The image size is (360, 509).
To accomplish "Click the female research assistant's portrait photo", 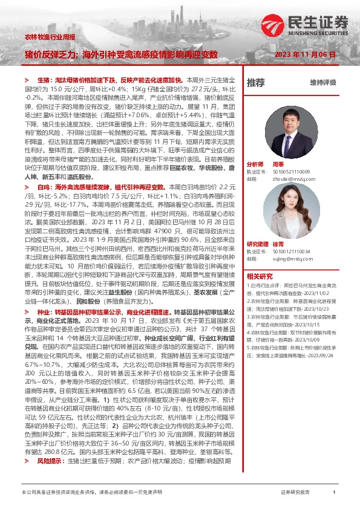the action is pos(276,213).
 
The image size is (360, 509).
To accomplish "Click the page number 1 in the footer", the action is pos(334,493).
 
